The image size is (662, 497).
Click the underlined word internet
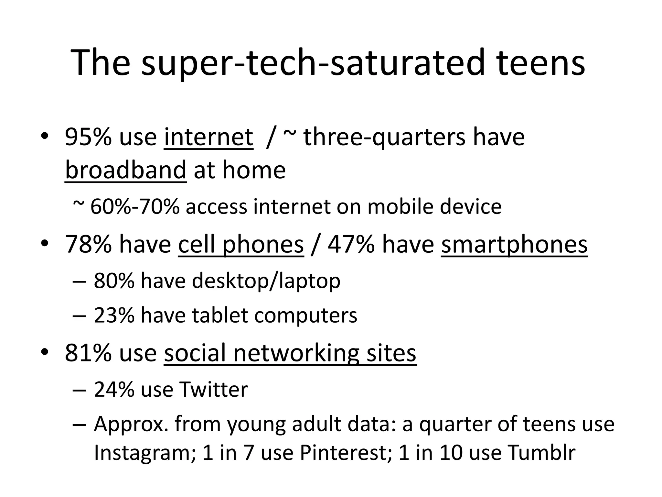tap(208, 137)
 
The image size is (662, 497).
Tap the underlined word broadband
tap(125, 170)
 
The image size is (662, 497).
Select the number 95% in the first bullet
tap(88, 137)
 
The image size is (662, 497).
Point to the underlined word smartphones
tap(514, 245)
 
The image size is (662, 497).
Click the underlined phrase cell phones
tap(241, 245)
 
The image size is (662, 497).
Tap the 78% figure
tap(88, 245)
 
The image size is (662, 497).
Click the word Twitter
tap(214, 390)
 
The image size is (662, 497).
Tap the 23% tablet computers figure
tap(114, 315)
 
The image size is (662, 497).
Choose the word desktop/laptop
tap(266, 281)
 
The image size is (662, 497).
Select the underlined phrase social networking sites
tap(290, 353)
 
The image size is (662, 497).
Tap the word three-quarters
tap(385, 137)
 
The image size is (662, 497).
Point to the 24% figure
tap(114, 390)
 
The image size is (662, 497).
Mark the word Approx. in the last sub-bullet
tap(131, 425)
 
